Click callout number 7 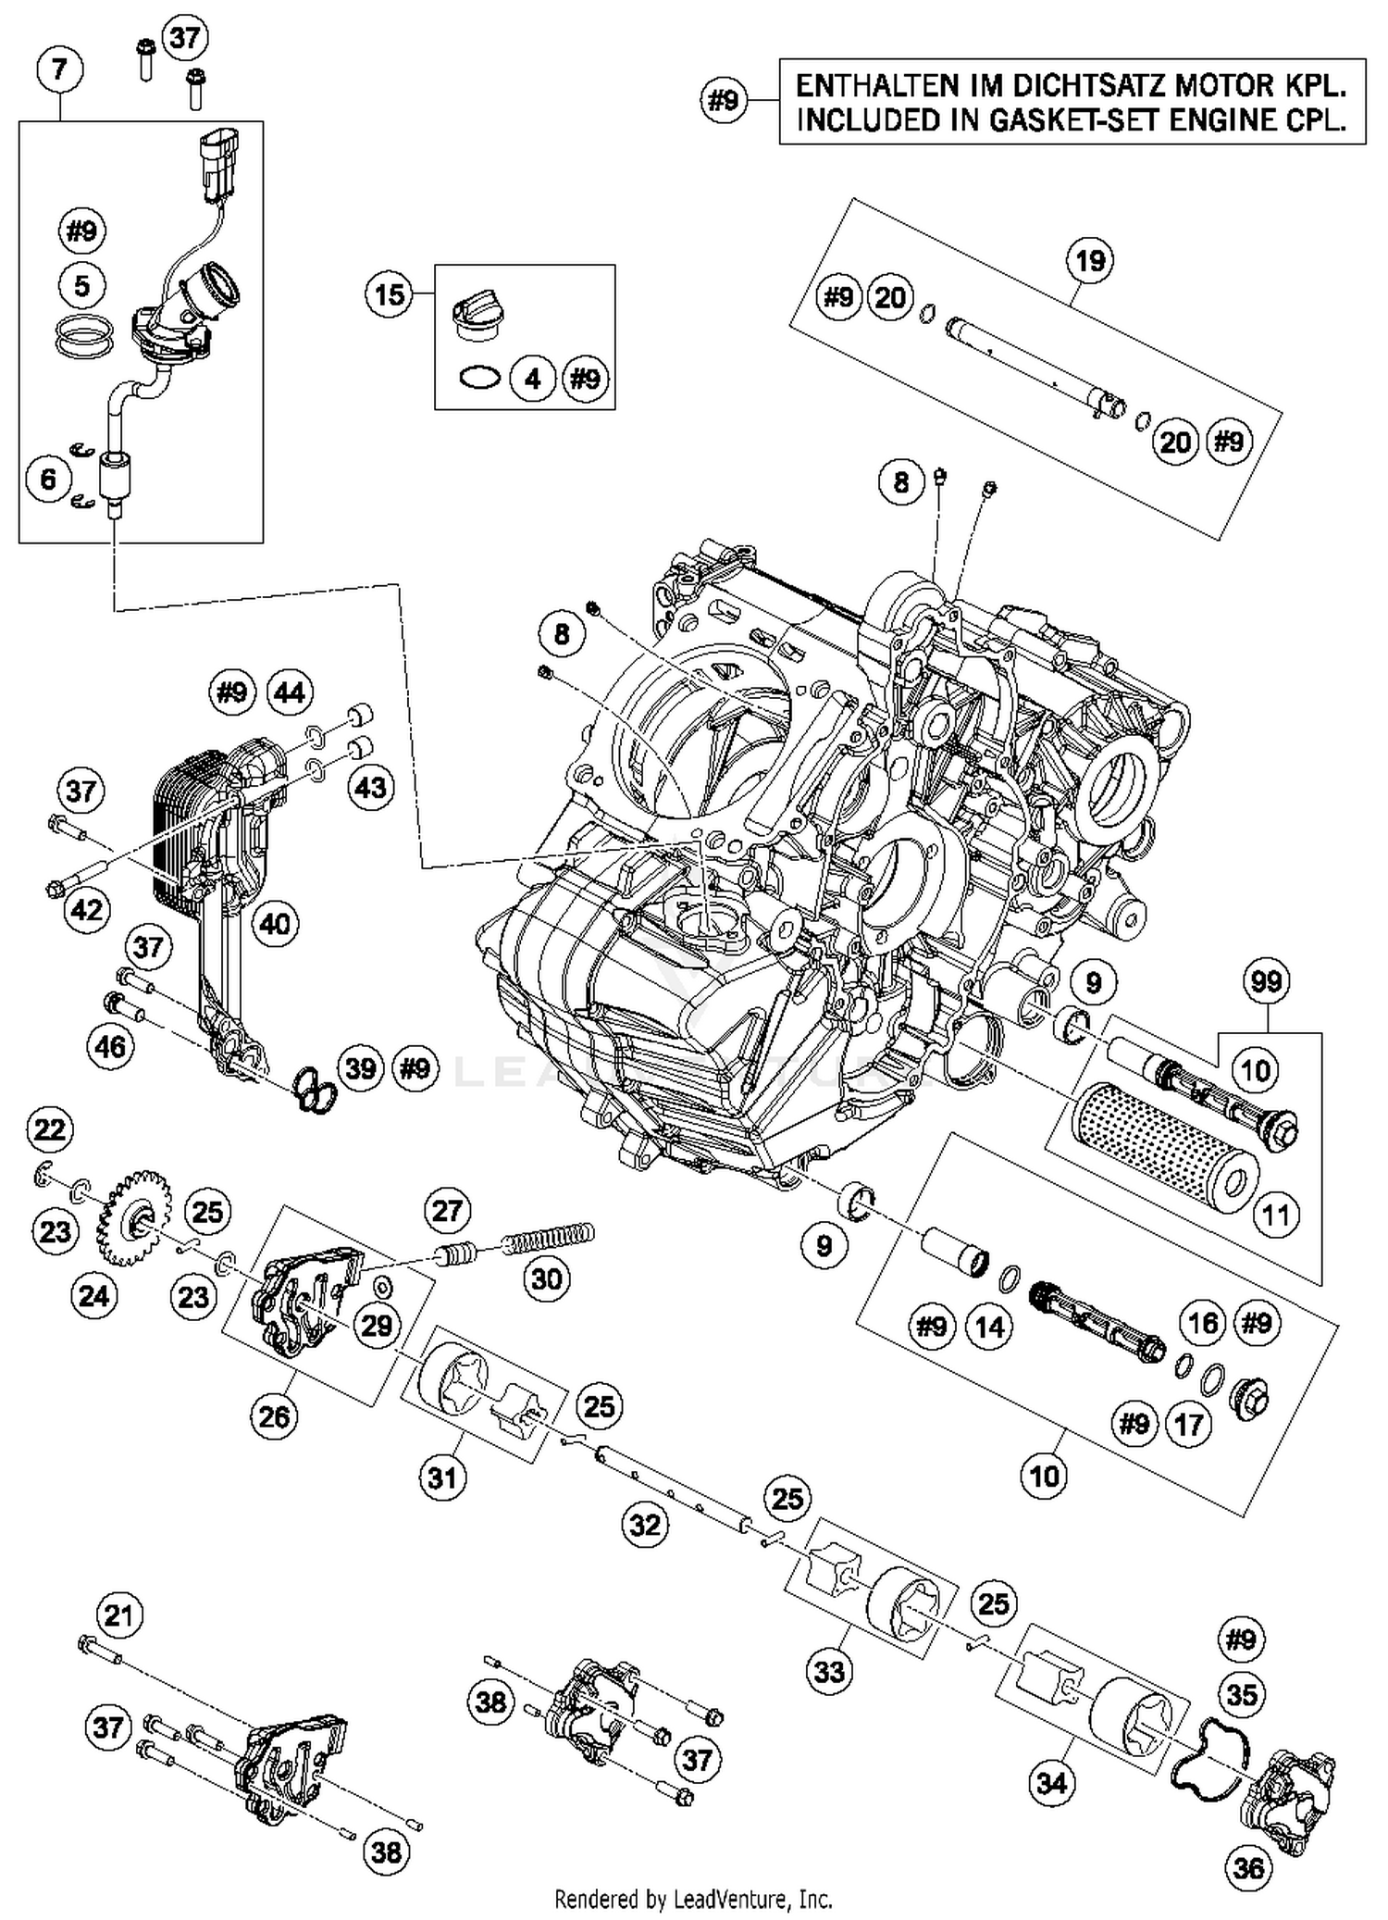[60, 69]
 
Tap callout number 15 [389, 294]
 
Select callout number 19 [1090, 260]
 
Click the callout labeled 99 [1266, 980]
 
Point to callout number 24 [93, 1296]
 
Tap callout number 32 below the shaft [645, 1524]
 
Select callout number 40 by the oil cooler [276, 923]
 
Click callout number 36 [1248, 1867]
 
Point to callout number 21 [118, 1615]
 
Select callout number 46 [110, 1047]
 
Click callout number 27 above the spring [448, 1211]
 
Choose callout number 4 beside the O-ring [533, 379]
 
